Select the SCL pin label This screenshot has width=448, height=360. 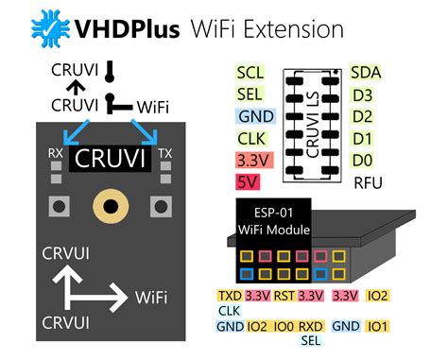pos(250,73)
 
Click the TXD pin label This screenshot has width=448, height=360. pos(230,296)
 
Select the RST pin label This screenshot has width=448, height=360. pos(284,296)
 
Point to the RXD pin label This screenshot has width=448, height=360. pos(311,327)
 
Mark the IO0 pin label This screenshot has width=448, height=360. pos(283,327)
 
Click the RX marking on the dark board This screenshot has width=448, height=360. pos(57,151)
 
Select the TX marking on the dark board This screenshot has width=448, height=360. pos(165,151)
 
